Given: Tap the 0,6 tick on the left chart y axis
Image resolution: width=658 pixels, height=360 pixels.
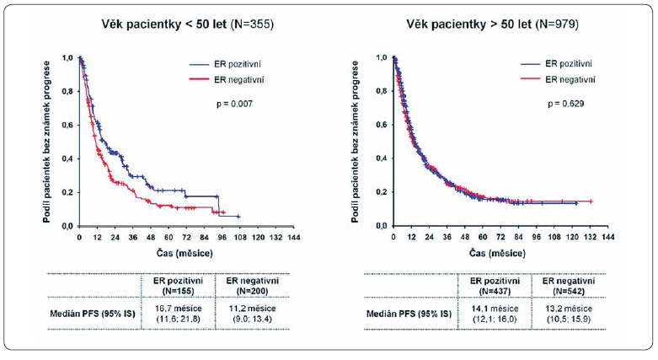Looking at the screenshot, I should pyautogui.click(x=67, y=125).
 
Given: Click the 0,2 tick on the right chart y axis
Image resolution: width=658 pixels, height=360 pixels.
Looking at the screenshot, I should pyautogui.click(x=381, y=192).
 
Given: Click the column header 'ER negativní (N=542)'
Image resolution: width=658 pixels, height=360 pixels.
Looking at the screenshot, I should pyautogui.click(x=561, y=284).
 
